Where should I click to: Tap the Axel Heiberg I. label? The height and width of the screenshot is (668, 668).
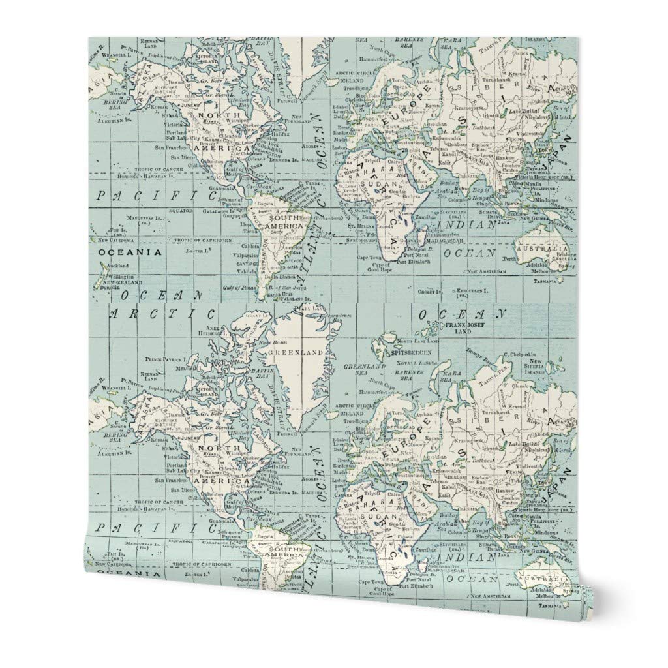point(216,331)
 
